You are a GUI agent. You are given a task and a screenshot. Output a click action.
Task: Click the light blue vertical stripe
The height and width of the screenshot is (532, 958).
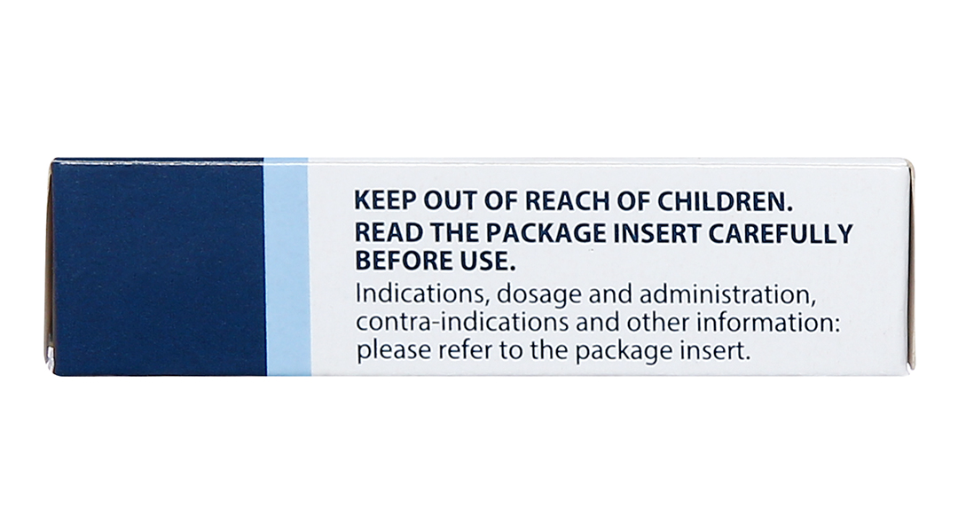tap(286, 266)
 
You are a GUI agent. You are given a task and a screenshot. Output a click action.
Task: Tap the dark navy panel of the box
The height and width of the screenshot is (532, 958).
tap(158, 266)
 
